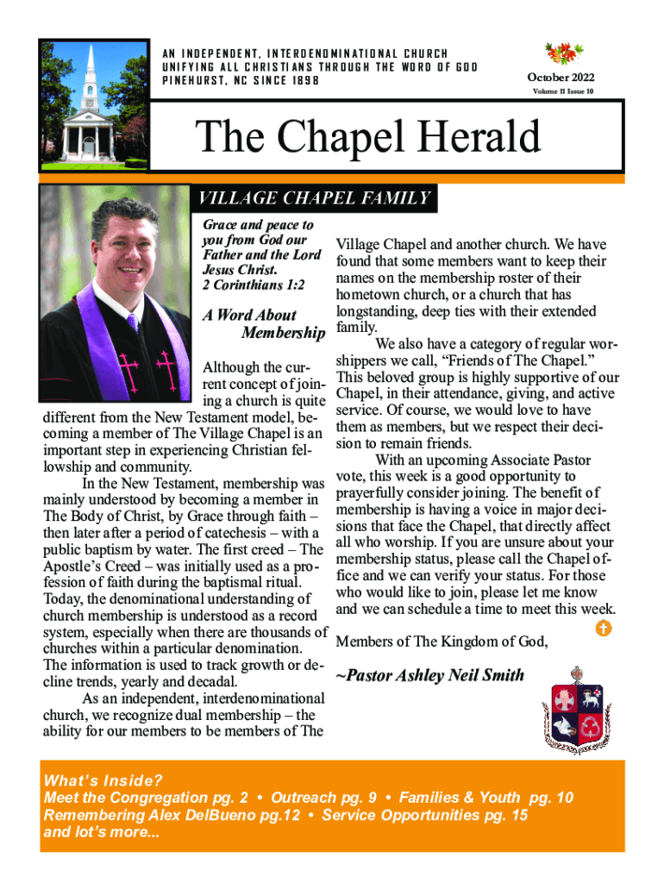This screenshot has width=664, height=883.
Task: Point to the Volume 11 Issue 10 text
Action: [x=563, y=91]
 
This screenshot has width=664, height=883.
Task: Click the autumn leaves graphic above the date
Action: [x=563, y=53]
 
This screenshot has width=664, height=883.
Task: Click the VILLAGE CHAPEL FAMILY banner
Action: [x=315, y=199]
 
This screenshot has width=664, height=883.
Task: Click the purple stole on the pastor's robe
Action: [x=172, y=345]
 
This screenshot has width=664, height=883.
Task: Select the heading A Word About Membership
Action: [x=263, y=324]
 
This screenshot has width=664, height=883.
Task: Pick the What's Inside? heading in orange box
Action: [x=103, y=781]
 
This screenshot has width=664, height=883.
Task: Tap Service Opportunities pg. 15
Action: [x=424, y=816]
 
